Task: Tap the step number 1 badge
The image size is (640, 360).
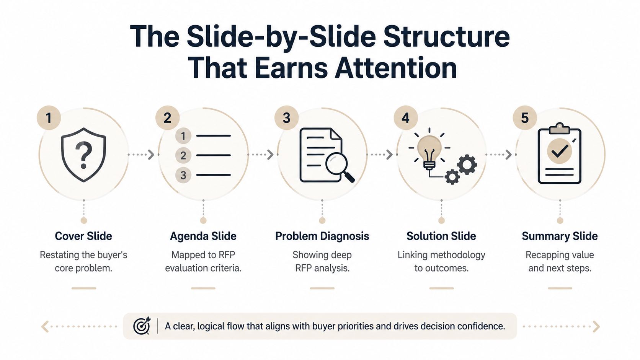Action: [x=49, y=118]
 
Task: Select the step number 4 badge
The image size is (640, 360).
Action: [x=406, y=118]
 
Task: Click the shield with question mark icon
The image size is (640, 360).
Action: [x=83, y=155]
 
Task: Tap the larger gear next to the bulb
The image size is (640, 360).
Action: [x=467, y=165]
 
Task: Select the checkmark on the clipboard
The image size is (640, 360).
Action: [x=560, y=151]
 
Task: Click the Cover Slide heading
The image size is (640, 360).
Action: [x=83, y=236]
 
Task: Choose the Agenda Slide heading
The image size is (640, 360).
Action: [x=203, y=236]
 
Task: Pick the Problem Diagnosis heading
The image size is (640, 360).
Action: [x=322, y=236]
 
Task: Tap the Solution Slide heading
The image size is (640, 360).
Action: [x=441, y=236]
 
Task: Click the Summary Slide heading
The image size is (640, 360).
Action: [x=560, y=236]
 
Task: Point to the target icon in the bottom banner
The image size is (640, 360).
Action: [x=142, y=326]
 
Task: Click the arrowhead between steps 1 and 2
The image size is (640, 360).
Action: [x=151, y=155]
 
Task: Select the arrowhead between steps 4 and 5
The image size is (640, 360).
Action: [x=509, y=155]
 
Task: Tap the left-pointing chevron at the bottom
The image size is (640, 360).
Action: [x=44, y=326]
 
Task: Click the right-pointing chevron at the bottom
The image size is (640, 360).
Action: [x=596, y=326]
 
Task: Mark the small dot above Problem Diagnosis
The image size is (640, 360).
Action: [x=322, y=220]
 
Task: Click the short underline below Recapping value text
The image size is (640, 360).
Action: [x=560, y=288]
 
